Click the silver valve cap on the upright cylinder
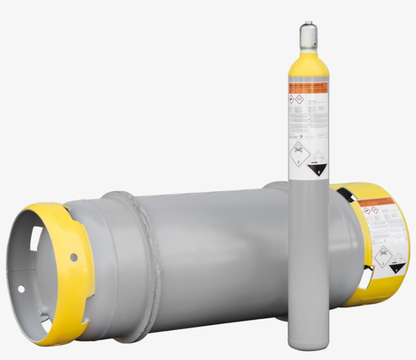pos(308,35)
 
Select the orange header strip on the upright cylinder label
pos(308,87)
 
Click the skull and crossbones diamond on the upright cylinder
pos(299,153)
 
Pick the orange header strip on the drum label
pos(375,202)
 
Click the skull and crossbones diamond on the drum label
pos(383,257)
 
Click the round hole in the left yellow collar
pos(74,257)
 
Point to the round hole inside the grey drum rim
pos(21,289)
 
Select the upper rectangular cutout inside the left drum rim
pos(36,238)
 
